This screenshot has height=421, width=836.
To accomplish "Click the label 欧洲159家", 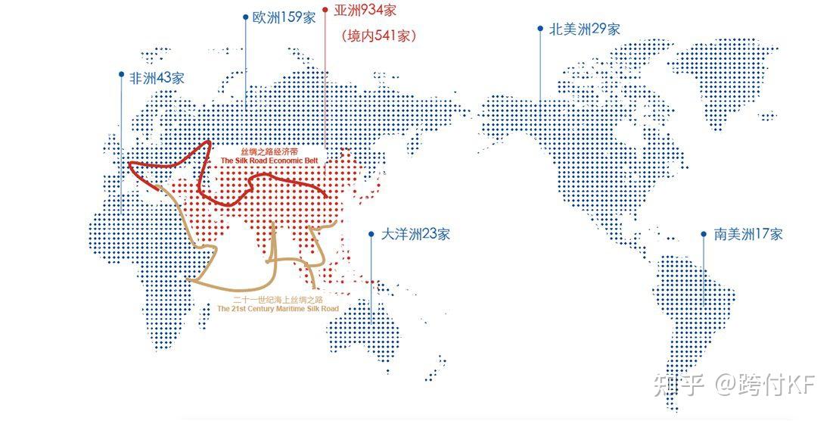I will (284, 17).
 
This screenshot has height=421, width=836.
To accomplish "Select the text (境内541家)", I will (378, 35).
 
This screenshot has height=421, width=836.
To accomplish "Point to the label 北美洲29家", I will (584, 29).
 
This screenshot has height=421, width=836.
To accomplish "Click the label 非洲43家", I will (157, 77).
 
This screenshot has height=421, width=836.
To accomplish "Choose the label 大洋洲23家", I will (415, 234).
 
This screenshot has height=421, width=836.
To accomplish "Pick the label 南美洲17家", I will (748, 234).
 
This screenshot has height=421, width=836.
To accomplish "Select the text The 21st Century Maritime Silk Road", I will (277, 309).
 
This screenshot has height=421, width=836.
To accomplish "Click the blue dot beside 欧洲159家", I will (246, 16).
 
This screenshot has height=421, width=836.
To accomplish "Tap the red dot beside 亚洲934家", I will (325, 11).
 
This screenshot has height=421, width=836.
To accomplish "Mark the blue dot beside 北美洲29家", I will (540, 29).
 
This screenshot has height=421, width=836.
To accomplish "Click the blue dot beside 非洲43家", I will (121, 74).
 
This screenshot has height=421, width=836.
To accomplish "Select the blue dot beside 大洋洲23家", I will (371, 234).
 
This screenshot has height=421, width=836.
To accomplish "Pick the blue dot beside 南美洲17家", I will (704, 234).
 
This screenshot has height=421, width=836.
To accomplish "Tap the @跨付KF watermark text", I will (764, 385).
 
